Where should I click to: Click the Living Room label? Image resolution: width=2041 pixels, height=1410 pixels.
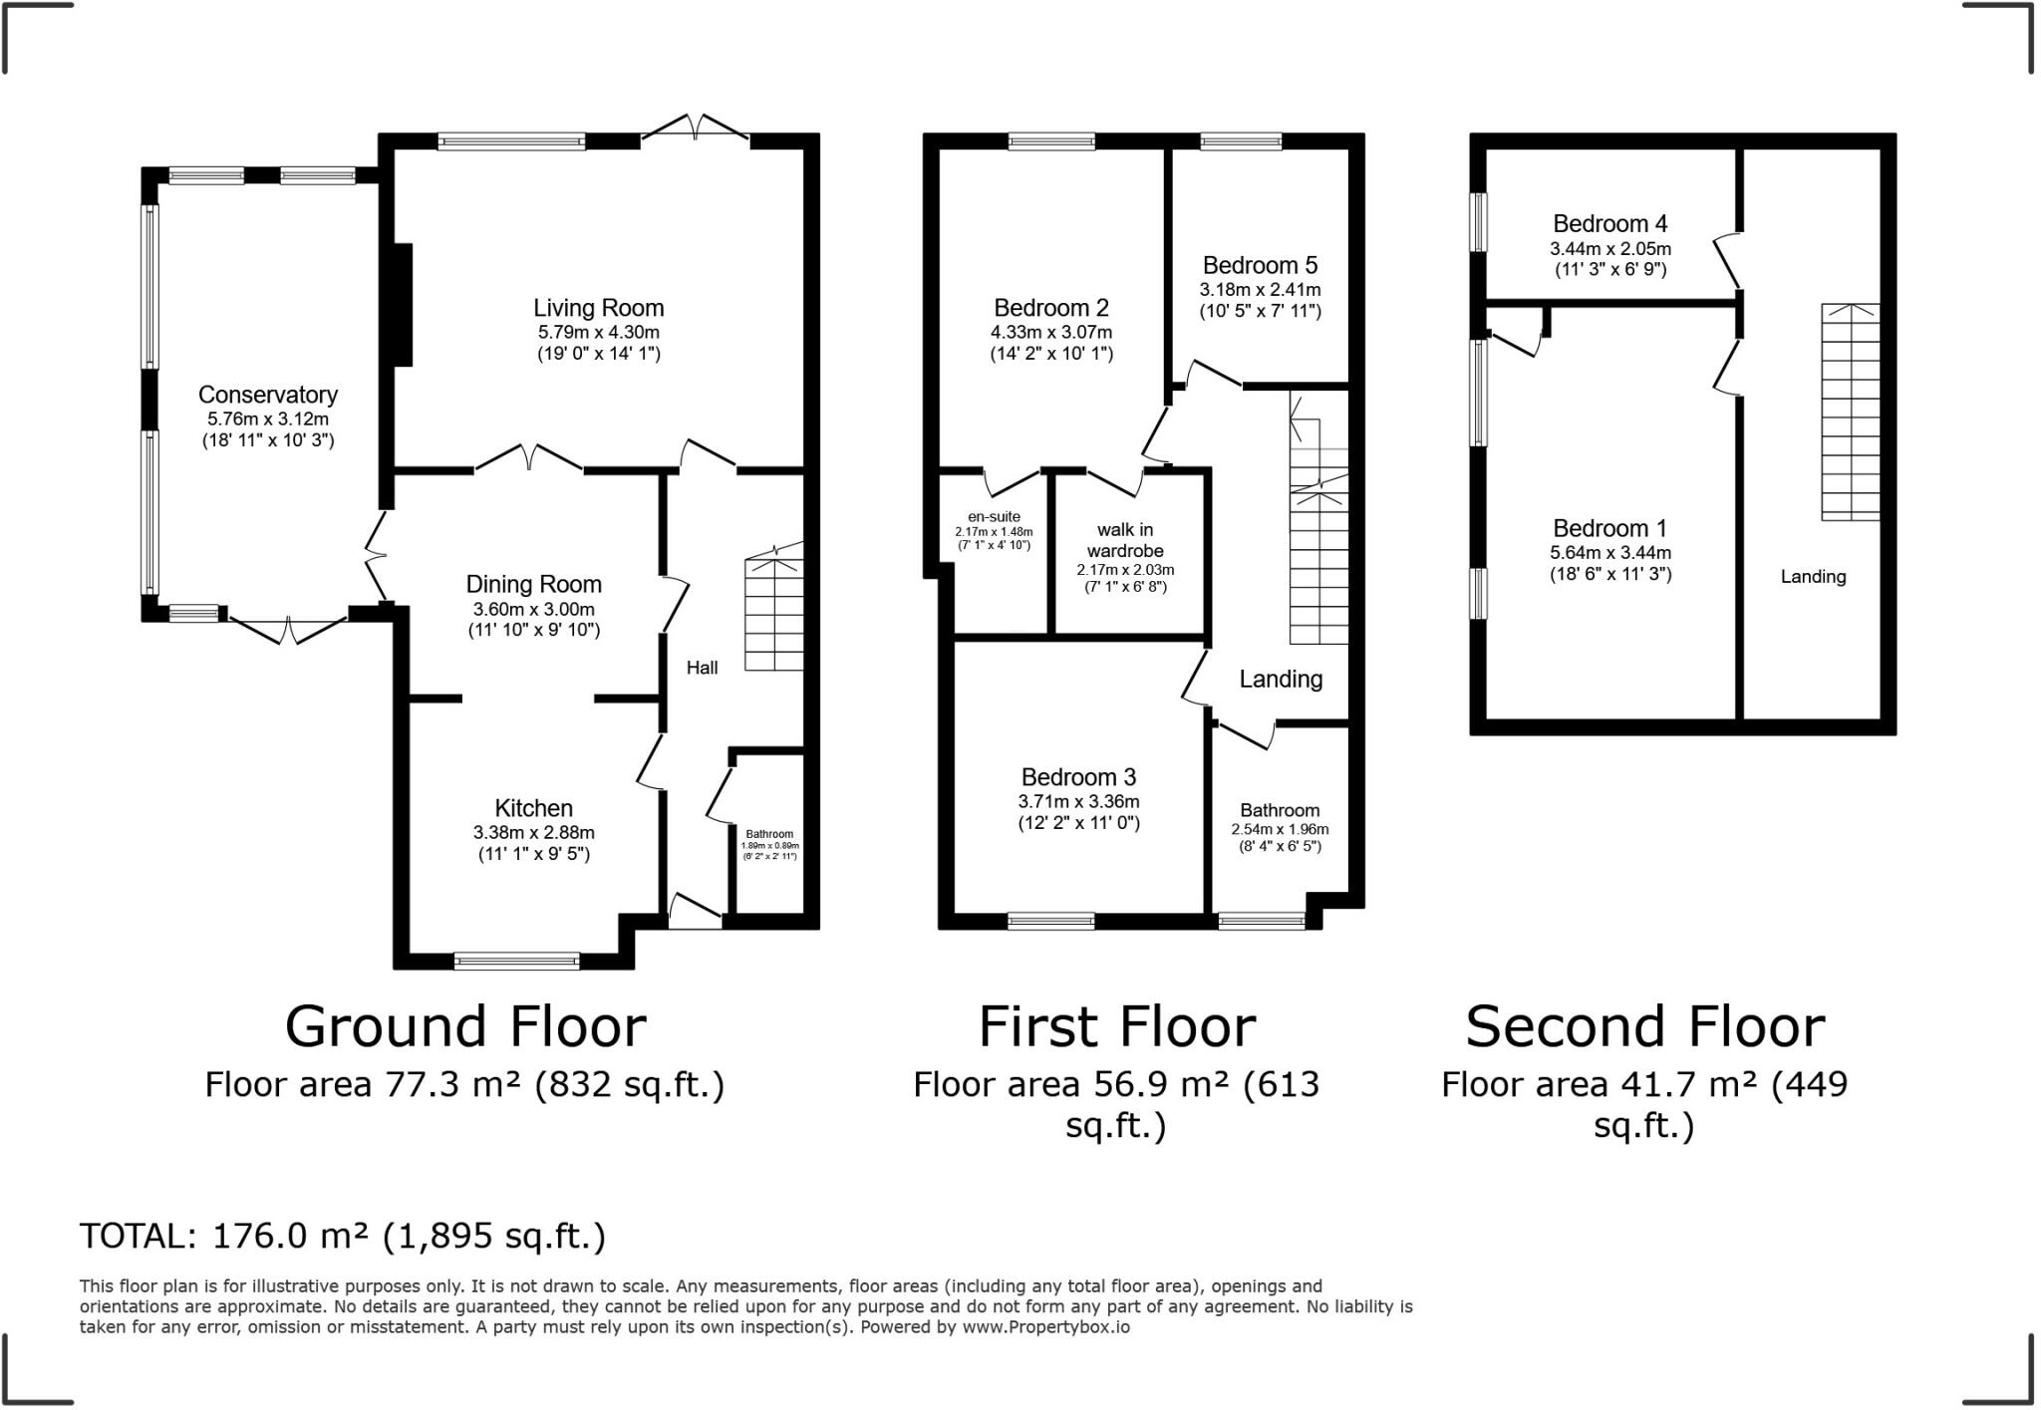[x=598, y=308]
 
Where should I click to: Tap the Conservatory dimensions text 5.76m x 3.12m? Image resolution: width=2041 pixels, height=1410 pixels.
[x=267, y=420]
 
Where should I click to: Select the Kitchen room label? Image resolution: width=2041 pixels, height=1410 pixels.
[x=533, y=808]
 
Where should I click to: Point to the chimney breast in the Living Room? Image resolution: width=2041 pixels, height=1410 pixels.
[x=403, y=305]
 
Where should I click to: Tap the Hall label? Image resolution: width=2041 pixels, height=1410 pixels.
[x=702, y=668]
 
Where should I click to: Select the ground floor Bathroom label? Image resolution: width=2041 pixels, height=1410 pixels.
[x=769, y=834]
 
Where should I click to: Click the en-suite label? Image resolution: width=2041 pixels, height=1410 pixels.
[x=994, y=517]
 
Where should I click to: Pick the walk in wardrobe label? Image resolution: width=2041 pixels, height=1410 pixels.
[x=1125, y=540]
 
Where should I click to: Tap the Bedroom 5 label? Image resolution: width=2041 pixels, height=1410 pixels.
[x=1260, y=265]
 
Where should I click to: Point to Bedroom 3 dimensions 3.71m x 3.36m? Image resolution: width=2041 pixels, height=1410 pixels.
[x=1078, y=801]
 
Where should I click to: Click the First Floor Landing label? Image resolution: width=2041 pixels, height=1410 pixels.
[x=1281, y=679]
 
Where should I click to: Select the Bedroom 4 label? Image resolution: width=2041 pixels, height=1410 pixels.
[x=1609, y=223]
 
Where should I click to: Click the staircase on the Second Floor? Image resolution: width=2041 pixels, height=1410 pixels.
[x=1851, y=412]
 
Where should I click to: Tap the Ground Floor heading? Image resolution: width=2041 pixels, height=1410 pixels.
[x=465, y=1026]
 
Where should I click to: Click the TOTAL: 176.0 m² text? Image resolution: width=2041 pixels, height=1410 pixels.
[x=342, y=1236]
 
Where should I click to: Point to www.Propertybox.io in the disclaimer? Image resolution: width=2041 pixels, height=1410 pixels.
[x=1045, y=1327]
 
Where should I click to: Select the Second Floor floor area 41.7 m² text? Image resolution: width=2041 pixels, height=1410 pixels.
[x=1644, y=1085]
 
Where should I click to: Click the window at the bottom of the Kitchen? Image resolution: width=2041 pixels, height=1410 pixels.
[x=516, y=962]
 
